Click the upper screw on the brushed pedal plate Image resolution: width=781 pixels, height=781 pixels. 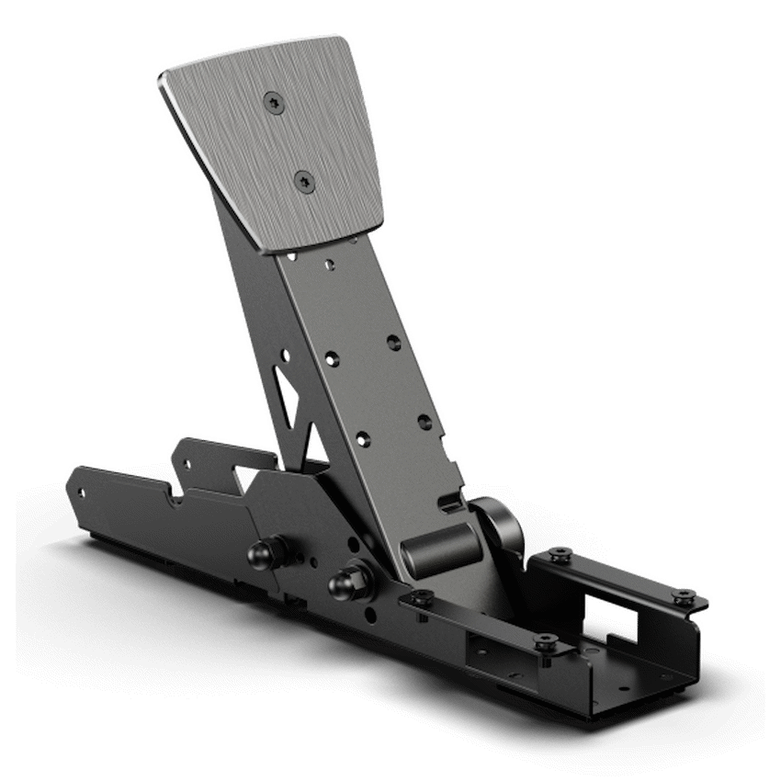(x=272, y=103)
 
